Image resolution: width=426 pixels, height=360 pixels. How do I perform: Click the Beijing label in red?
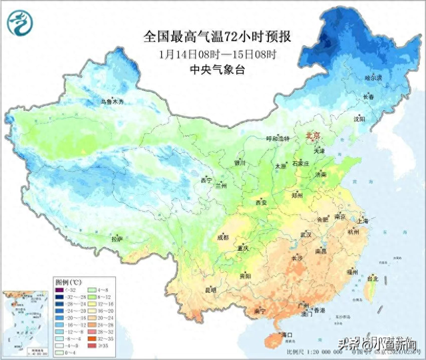[313, 136]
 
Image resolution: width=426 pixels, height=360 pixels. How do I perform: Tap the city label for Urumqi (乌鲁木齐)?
[112, 102]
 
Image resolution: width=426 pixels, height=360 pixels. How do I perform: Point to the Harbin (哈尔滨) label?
[373, 79]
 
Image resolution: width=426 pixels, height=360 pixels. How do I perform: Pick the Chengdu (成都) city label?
[222, 238]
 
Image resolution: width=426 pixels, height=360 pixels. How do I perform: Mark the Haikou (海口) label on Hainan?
[288, 334]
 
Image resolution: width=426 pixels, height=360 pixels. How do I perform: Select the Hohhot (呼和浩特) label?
[278, 139]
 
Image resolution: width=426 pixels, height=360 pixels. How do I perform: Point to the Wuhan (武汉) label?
[306, 235]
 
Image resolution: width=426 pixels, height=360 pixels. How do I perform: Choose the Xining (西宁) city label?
[206, 180]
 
